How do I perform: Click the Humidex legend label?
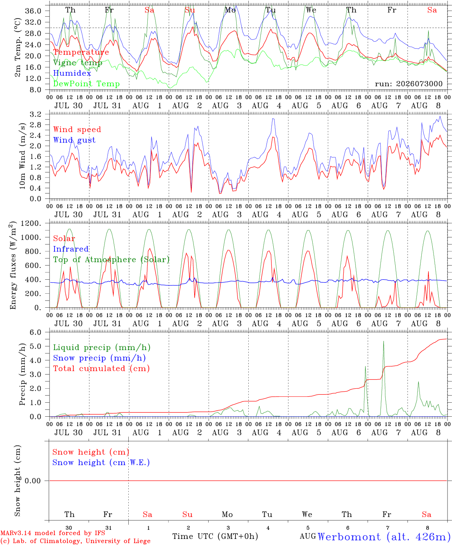(72, 73)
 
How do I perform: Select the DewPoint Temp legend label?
(86, 84)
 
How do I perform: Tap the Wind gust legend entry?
(75, 140)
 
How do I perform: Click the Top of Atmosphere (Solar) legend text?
(112, 260)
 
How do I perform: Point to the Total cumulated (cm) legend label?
(101, 369)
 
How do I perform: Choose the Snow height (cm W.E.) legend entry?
(101, 462)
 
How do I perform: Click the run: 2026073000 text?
(408, 84)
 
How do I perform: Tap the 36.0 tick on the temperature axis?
(33, 11)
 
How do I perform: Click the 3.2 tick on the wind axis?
(36, 114)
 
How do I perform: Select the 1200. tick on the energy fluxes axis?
(31, 223)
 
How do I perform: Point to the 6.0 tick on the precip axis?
(36, 332)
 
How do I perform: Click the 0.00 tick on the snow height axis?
(33, 481)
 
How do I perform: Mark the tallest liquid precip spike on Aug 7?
(383, 341)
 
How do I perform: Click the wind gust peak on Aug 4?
(273, 119)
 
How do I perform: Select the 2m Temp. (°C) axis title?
(17, 48)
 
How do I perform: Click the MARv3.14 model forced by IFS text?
(53, 533)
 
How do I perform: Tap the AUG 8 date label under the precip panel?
(426, 433)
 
